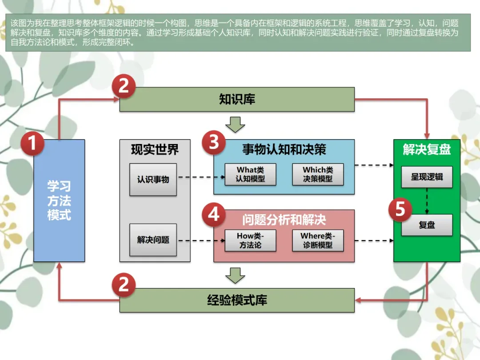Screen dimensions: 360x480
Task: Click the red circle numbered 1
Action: [33, 144]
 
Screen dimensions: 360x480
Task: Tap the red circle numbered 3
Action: [214, 142]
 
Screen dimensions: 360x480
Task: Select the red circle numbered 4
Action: [214, 215]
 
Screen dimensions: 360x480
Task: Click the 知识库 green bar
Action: [237, 99]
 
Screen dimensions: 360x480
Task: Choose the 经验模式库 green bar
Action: [237, 300]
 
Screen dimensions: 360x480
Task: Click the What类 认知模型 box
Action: [250, 174]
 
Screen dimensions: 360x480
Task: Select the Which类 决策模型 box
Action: [318, 174]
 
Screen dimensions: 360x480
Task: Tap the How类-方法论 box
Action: [250, 240]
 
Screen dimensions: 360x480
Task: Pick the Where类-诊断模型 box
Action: [318, 240]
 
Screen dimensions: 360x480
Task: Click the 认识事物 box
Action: [153, 180]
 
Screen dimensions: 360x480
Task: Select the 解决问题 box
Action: [153, 240]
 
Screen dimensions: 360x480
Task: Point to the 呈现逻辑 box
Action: [427, 177]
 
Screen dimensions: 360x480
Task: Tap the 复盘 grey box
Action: [427, 225]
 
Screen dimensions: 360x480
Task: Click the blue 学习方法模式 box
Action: [59, 200]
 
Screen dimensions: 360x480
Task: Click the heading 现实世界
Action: [155, 150]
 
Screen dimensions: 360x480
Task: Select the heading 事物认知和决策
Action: [284, 150]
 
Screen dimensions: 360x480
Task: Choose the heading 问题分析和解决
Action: [284, 220]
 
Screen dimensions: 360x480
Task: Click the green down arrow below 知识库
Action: [235, 124]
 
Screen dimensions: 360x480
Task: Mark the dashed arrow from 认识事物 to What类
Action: [200, 177]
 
